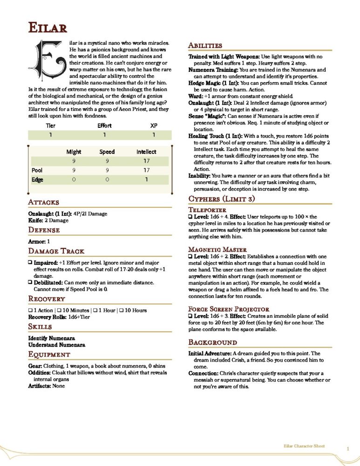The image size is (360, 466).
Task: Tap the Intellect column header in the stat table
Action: (146, 151)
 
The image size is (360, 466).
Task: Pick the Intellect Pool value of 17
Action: (146, 170)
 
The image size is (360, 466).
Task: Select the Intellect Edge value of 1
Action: (146, 179)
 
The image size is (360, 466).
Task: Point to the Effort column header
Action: (104, 126)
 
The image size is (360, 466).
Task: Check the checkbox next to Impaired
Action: (30, 263)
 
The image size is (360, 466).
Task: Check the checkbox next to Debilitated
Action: (30, 283)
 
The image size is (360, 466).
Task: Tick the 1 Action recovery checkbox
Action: (30, 310)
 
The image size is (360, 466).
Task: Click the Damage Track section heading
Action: (56, 251)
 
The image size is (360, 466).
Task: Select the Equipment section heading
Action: (49, 355)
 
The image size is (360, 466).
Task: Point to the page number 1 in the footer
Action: (347, 449)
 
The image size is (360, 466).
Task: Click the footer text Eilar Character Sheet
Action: (304, 446)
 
